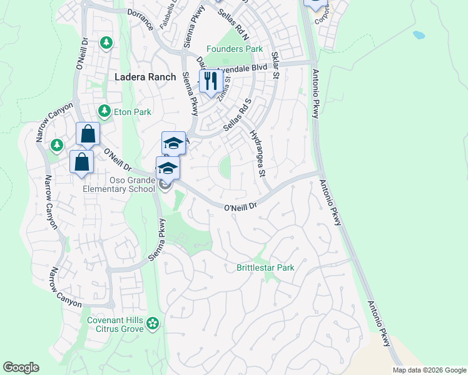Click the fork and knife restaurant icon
(x=210, y=81)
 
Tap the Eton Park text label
(x=133, y=112)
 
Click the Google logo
(x=21, y=367)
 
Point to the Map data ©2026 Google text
(x=429, y=370)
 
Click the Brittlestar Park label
(x=265, y=267)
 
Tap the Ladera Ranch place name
(x=145, y=77)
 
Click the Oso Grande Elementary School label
(x=120, y=184)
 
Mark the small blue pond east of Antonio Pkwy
(x=419, y=35)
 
